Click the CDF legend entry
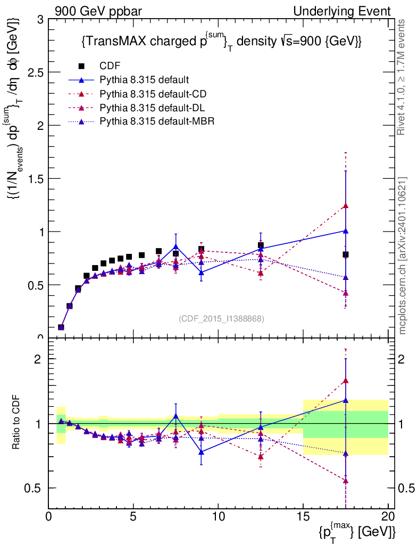[x=110, y=66]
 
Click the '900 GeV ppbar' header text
[x=95, y=11]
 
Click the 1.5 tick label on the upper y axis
[x=35, y=179]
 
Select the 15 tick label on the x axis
[x=303, y=516]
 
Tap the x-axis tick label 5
[x=133, y=516]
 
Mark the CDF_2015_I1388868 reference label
[x=221, y=319]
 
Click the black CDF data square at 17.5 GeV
[x=346, y=254]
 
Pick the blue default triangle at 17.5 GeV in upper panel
[x=346, y=231]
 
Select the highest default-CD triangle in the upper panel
[x=346, y=205]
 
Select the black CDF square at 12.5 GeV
[x=261, y=245]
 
